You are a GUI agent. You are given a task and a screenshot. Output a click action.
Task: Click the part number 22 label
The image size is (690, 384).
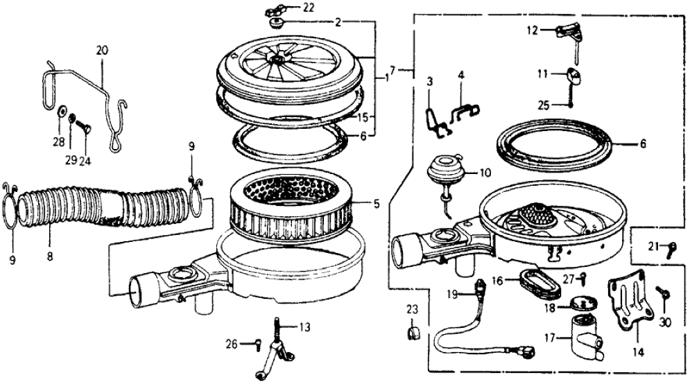(307, 8)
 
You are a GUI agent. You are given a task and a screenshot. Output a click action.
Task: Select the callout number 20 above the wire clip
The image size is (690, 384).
(102, 50)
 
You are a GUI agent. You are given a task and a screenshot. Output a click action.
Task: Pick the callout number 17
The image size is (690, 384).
(551, 339)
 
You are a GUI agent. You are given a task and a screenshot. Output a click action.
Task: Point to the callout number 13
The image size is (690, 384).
(306, 326)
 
